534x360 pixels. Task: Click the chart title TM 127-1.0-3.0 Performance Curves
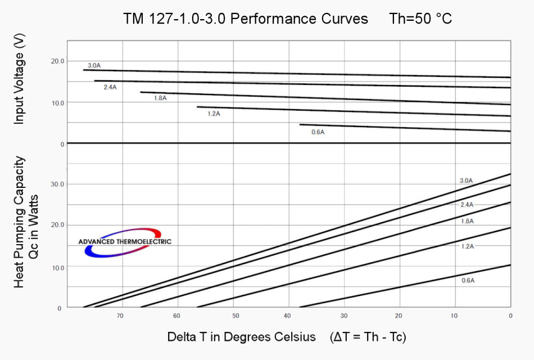point(246,19)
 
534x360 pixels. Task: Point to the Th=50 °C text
point(420,19)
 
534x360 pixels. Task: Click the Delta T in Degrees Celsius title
point(242,337)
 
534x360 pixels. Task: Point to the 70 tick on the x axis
point(120,316)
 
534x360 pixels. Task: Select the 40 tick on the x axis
point(287,316)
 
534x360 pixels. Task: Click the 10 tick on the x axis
point(454,316)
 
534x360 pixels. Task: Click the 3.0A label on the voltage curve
point(94,65)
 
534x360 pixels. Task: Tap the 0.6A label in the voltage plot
point(318,132)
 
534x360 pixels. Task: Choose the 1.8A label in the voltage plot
point(160,98)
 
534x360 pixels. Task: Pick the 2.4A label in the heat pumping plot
point(467,205)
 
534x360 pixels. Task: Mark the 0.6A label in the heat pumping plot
point(468,280)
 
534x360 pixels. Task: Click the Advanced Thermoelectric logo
point(124,242)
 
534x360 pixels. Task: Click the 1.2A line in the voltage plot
point(354,111)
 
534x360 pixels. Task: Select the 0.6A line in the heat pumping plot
point(405,286)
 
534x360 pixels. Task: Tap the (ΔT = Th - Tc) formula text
point(369,337)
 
